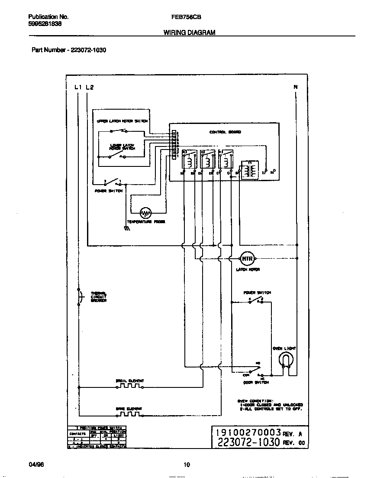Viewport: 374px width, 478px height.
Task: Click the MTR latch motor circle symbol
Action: (246, 258)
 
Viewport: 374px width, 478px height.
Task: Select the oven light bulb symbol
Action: (286, 358)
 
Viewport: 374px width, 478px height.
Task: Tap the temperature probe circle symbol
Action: (146, 213)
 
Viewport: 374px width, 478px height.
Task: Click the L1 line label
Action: (78, 87)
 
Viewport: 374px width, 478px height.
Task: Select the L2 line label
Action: (90, 87)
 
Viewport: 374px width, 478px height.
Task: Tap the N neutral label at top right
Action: (296, 87)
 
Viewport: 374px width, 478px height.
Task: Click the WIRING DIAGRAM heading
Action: (189, 33)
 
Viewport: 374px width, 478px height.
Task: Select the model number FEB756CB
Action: (184, 17)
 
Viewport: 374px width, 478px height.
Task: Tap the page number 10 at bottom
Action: (187, 465)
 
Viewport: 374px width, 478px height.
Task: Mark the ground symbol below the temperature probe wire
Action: (127, 228)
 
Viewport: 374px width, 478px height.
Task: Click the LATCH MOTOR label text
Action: (248, 270)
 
